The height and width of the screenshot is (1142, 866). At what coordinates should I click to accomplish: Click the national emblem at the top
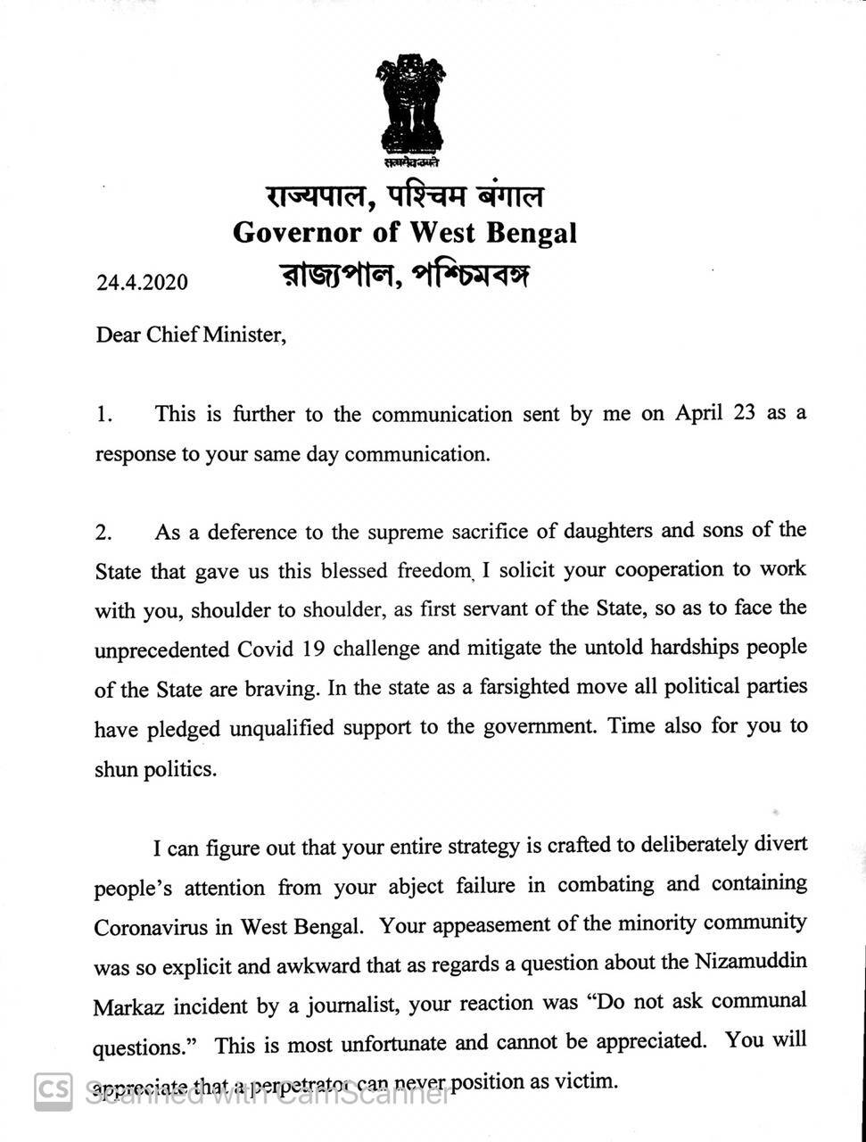(409, 107)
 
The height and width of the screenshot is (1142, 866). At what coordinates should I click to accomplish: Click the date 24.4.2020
(143, 282)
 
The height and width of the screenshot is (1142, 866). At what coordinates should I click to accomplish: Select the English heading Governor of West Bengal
(405, 233)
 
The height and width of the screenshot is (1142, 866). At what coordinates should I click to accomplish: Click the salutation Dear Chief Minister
(191, 335)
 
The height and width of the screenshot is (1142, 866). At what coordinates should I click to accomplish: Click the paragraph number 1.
(104, 415)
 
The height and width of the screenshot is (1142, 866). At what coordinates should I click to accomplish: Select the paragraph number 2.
(104, 534)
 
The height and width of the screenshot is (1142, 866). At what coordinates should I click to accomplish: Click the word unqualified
(289, 728)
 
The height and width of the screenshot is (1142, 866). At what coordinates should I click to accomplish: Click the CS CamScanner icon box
(53, 1091)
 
